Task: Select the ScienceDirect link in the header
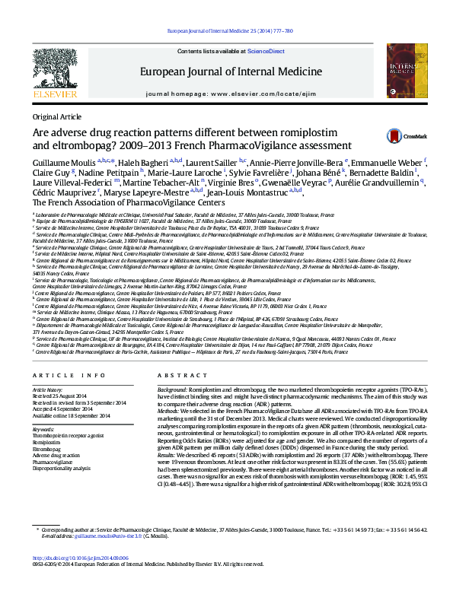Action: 266,51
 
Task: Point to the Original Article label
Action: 56,116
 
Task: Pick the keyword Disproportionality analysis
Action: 63,468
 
